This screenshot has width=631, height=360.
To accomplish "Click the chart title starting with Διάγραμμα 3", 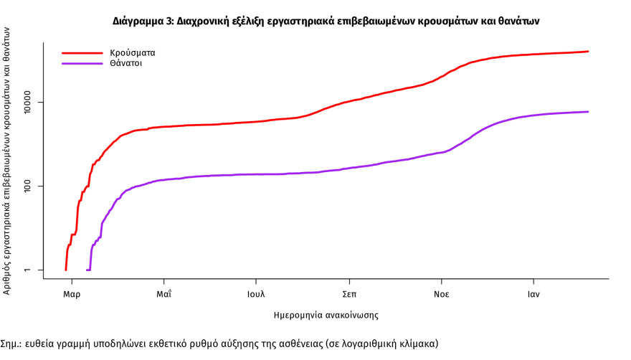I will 326,22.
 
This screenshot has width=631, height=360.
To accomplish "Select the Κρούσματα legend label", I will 133,52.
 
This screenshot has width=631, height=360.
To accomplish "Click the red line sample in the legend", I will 82,52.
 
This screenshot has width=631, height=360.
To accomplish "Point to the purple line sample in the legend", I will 82,63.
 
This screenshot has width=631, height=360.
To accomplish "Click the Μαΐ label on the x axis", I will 163,294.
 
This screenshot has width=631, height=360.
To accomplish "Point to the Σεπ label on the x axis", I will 349,294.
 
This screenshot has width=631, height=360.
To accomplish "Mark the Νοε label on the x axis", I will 441,294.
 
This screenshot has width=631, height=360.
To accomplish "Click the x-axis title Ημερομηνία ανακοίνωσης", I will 326,315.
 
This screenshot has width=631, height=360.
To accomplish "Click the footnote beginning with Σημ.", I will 219,344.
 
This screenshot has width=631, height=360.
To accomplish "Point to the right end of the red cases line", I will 588,52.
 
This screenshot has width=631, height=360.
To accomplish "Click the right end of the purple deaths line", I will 588,112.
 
